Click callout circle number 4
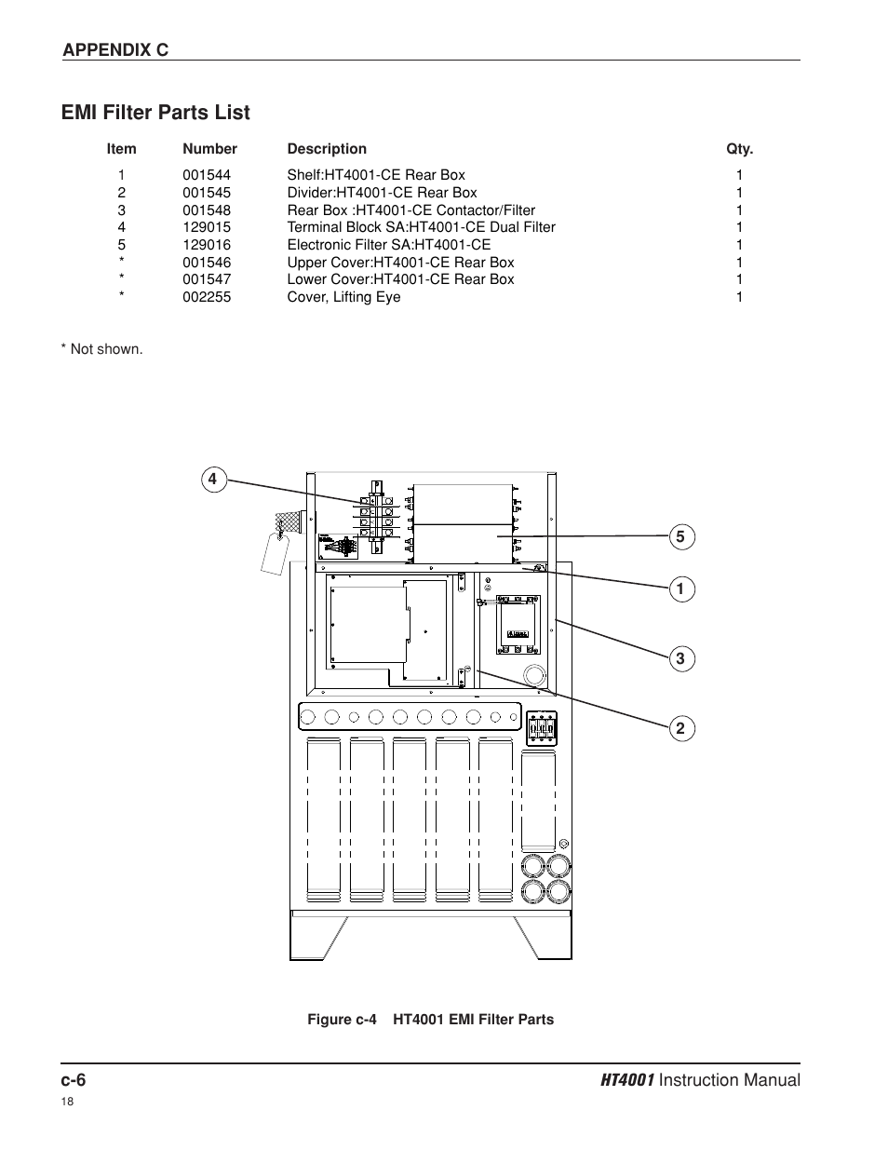tap(214, 480)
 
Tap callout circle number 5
tap(681, 537)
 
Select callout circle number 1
tap(681, 589)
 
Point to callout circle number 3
tap(681, 659)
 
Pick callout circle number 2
tap(681, 728)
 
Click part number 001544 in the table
tap(207, 175)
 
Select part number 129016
tap(207, 245)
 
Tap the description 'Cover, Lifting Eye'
tap(343, 297)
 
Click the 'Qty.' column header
tap(739, 149)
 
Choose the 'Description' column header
tap(327, 149)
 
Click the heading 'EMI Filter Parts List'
tap(155, 112)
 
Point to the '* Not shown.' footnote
tap(102, 349)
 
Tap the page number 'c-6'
tap(73, 1080)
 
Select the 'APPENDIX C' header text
tap(115, 49)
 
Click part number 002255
tap(207, 297)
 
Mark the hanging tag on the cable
tap(275, 553)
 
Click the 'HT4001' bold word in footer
tap(627, 1080)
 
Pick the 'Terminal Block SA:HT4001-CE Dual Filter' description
tap(421, 227)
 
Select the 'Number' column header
tap(210, 149)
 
